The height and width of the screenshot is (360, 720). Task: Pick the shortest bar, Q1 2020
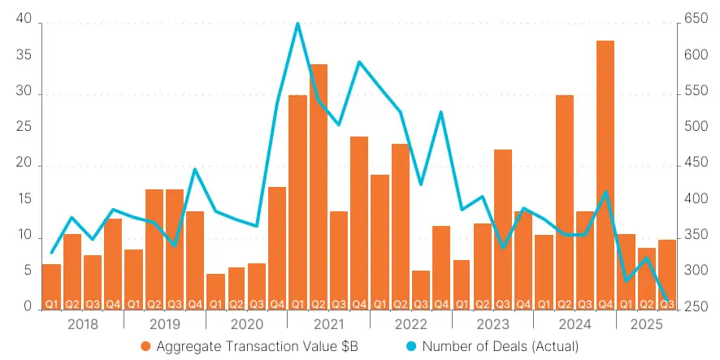click(x=215, y=291)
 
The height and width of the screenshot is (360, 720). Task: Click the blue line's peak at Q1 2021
click(x=297, y=24)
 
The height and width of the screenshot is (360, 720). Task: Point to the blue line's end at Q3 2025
click(x=666, y=301)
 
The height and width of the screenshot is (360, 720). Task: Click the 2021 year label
click(x=328, y=323)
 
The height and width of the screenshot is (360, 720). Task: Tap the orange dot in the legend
click(x=146, y=346)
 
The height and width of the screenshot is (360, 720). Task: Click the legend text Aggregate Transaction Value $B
click(x=255, y=346)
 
